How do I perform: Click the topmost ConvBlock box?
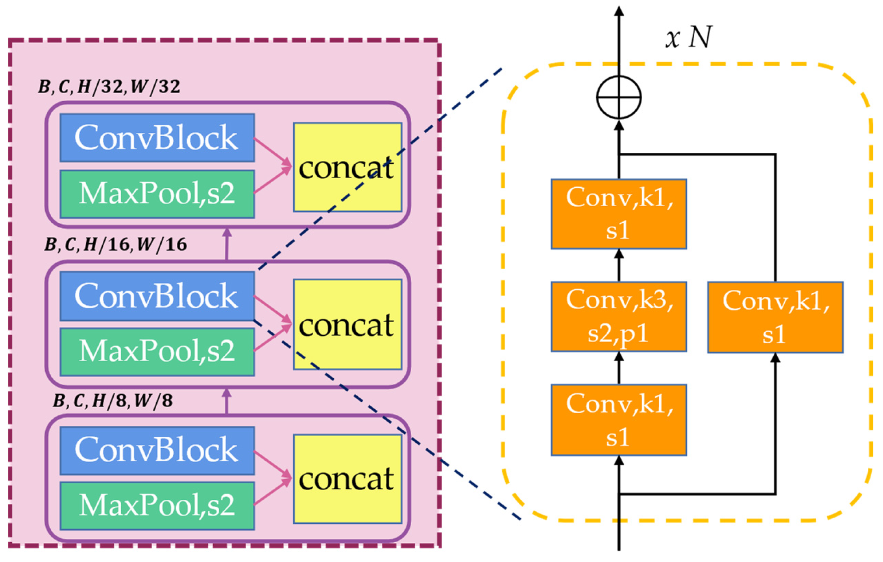157,137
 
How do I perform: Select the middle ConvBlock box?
157,296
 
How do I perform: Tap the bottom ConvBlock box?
157,450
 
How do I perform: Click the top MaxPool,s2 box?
157,194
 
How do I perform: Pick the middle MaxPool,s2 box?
157,351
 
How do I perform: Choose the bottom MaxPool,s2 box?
157,506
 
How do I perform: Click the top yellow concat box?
347,167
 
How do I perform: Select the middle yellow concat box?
347,325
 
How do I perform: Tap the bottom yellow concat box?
347,479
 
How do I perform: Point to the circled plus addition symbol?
619,98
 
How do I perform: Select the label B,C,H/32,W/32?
109,87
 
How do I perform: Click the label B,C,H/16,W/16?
115,245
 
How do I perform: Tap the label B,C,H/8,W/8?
113,401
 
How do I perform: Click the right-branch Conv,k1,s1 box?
775,317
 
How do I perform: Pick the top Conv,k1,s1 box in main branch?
619,214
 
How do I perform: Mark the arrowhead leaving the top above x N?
619,12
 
